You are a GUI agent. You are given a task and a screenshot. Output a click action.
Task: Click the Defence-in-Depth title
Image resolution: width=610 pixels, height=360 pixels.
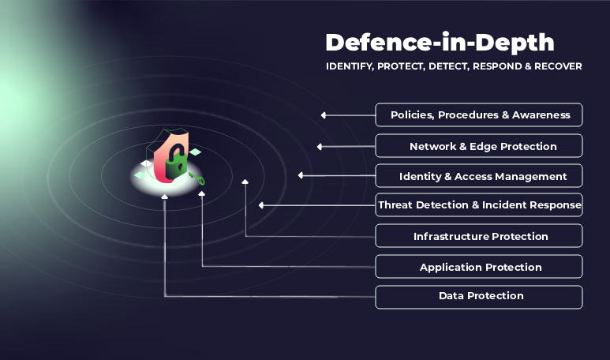(x=440, y=42)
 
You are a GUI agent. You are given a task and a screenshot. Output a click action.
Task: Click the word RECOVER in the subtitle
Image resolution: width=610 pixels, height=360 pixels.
(x=557, y=66)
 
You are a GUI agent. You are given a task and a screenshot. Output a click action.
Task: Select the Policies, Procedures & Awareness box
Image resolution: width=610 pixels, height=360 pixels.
(x=479, y=114)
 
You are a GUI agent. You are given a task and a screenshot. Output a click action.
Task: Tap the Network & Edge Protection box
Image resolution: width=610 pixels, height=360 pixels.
(x=479, y=146)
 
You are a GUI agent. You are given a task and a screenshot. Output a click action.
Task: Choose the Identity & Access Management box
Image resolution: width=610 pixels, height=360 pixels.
(x=479, y=176)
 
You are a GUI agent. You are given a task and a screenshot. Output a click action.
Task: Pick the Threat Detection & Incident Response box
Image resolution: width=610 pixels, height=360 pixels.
(x=479, y=205)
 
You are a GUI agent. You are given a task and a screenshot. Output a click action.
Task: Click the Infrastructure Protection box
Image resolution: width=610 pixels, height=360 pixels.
(x=479, y=236)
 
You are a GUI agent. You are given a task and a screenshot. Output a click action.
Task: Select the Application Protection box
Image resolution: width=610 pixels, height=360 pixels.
(x=479, y=267)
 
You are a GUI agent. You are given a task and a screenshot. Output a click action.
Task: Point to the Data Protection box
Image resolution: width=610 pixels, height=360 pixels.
(x=479, y=296)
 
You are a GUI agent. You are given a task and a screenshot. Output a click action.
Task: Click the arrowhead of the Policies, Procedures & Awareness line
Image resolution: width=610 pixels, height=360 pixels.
(x=324, y=115)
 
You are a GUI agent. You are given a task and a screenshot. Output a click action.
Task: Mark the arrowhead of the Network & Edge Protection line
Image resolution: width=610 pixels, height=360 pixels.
(x=320, y=146)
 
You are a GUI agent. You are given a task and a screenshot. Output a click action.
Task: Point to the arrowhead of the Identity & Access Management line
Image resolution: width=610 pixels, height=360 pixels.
(x=301, y=175)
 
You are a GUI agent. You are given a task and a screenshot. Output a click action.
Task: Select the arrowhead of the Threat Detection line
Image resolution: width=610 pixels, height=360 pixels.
(x=261, y=205)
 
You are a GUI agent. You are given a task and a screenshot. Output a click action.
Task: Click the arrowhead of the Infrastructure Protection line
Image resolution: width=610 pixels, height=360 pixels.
(x=245, y=182)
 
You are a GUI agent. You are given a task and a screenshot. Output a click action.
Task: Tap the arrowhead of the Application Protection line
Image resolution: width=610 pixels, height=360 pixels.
(x=202, y=192)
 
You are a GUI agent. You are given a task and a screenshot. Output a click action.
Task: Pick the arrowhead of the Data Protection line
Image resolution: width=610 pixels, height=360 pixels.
(x=164, y=196)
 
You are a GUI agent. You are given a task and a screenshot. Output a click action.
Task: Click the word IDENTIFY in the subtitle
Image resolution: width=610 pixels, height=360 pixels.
(x=350, y=66)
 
